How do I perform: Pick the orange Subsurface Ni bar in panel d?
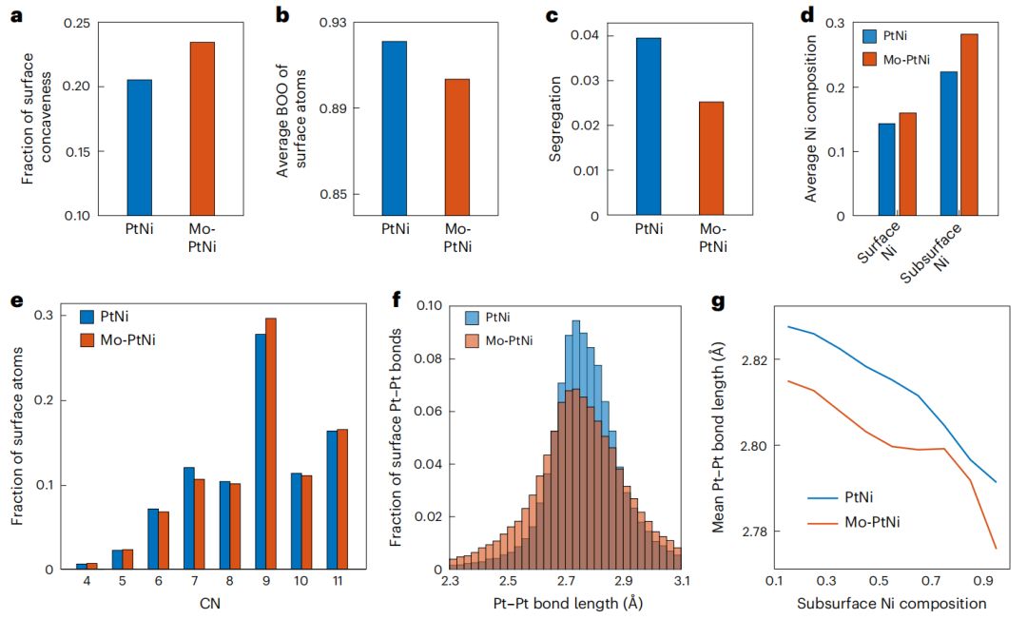pos(968,125)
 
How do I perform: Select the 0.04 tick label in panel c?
pos(585,35)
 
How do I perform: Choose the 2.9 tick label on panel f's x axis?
pos(623,580)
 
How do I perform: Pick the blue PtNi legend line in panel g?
pos(821,495)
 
